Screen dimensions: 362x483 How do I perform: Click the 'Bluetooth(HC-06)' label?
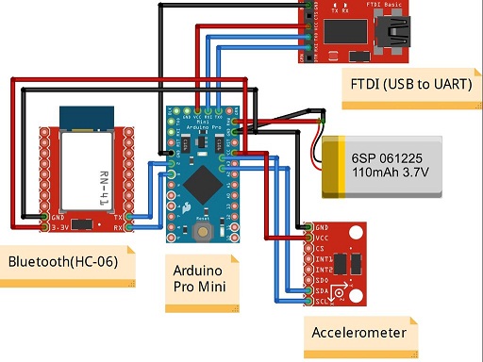[x=63, y=261]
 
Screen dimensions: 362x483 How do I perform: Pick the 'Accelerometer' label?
[x=359, y=333]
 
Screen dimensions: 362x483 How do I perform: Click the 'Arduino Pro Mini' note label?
[x=200, y=275]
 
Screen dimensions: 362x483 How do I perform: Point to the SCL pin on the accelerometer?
[x=310, y=302]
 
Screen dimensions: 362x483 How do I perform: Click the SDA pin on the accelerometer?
[x=310, y=291]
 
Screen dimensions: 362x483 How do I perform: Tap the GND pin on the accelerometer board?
[x=310, y=228]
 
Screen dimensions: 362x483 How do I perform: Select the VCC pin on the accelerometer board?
[x=310, y=239]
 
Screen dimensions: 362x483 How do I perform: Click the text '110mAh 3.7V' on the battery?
[x=389, y=173]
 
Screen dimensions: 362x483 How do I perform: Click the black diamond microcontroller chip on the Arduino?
[x=201, y=180]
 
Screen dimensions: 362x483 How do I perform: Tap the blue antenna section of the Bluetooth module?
[x=86, y=116]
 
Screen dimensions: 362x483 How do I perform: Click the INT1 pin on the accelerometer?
[x=310, y=259]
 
